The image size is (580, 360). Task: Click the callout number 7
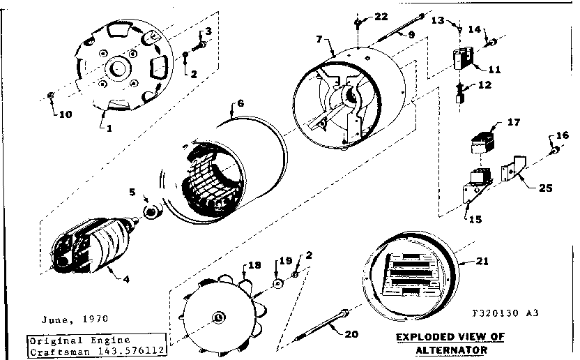319,40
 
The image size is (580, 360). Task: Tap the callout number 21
482,262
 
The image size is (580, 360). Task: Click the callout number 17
514,123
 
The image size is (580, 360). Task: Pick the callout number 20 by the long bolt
351,333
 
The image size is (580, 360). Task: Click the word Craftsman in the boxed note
54,352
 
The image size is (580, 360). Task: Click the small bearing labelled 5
149,211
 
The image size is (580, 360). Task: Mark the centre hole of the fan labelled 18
218,317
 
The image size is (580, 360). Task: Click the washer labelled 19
277,284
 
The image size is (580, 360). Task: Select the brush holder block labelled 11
462,58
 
